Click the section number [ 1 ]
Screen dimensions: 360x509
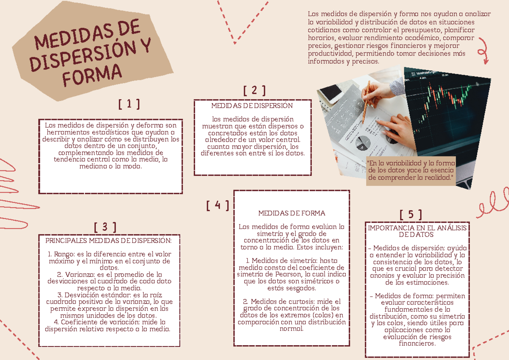coord(129,104)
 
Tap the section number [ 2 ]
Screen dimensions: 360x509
coord(255,90)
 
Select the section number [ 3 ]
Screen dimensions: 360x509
coord(105,227)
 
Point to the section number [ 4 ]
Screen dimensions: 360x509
coord(218,205)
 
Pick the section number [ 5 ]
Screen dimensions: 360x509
coord(411,215)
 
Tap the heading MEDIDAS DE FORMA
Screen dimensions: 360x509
coord(291,213)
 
